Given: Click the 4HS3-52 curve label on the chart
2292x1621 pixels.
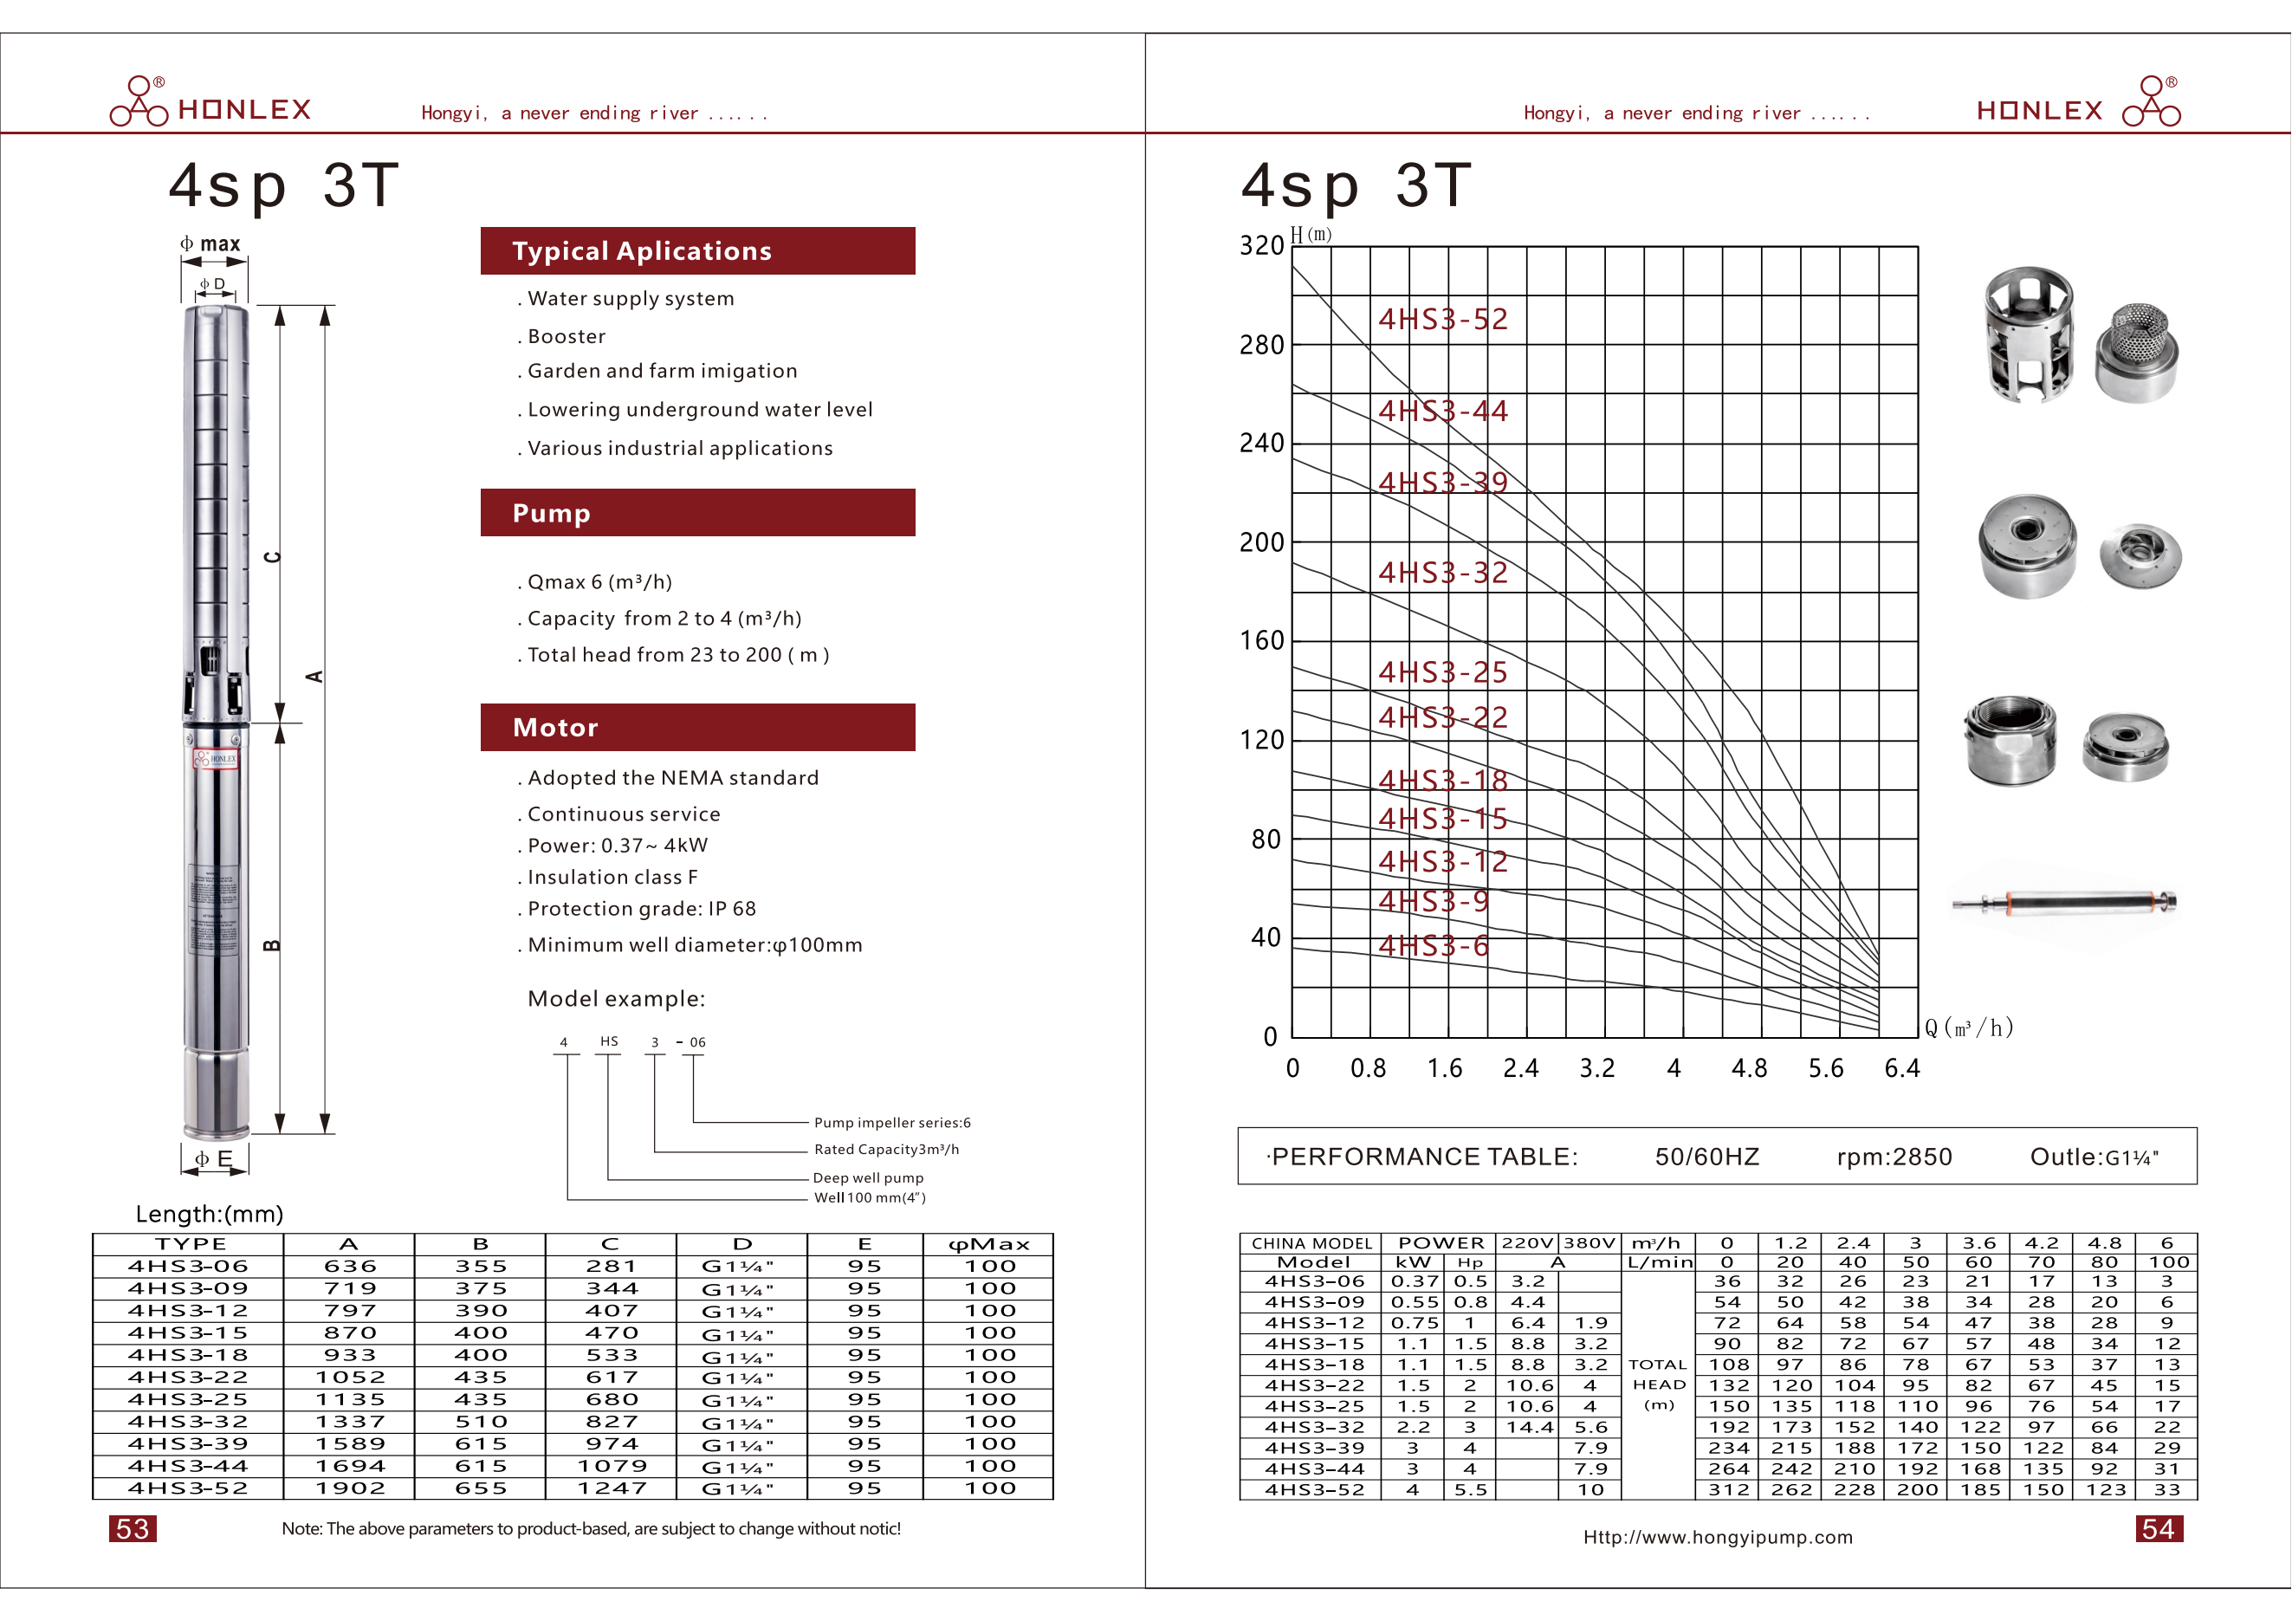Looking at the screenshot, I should point(1442,320).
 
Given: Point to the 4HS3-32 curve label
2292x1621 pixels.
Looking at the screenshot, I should point(1442,573).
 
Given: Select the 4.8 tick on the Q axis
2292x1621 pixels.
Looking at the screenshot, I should point(1749,1069).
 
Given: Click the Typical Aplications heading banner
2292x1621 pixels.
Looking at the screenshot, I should point(698,250).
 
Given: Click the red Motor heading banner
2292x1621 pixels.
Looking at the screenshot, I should point(698,728).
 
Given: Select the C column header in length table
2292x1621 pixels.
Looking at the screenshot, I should point(610,1244).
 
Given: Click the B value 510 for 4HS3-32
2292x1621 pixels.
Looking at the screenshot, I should point(480,1422).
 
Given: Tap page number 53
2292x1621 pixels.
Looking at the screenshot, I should point(133,1529).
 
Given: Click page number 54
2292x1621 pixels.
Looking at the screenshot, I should point(2159,1529).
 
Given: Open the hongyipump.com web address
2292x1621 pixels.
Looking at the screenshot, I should point(1717,1537).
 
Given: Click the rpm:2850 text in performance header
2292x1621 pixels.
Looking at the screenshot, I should point(1894,1157).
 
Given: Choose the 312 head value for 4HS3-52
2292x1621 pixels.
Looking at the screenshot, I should point(1728,1489).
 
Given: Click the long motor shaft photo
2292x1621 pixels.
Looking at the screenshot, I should point(2064,904).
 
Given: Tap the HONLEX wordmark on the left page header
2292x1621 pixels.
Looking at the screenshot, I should point(244,110).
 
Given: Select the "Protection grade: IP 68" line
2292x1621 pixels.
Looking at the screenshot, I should point(641,908).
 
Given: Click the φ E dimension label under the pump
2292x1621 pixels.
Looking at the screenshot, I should point(214,1159).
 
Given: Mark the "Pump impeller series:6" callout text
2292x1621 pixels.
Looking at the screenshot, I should point(891,1123).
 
